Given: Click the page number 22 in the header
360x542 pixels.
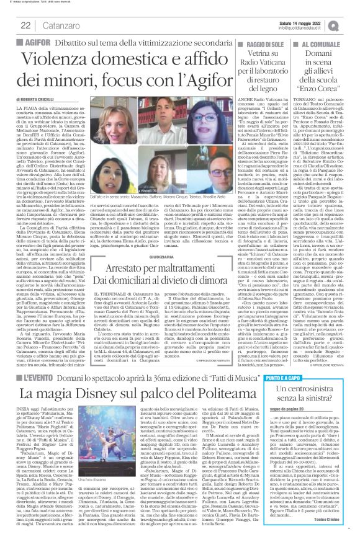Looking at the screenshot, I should pyautogui.click(x=25, y=25).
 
